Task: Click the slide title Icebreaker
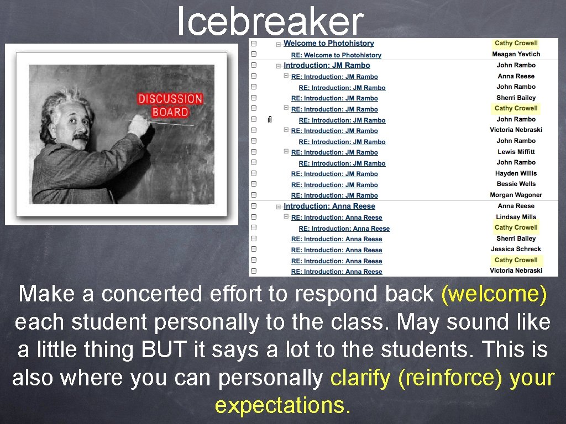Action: [x=270, y=22]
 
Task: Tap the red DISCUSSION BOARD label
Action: [x=170, y=105]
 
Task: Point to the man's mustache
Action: [x=80, y=135]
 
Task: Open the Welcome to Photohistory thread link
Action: [x=328, y=44]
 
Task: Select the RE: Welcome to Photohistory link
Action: [x=336, y=55]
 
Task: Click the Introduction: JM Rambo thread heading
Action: [x=327, y=66]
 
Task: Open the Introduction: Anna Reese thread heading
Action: [x=329, y=206]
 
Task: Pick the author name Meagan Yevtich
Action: [x=516, y=54]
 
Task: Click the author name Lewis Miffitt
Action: [x=516, y=152]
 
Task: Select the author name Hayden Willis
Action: [x=516, y=173]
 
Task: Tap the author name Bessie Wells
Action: [x=516, y=184]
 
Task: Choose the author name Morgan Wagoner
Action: [x=516, y=195]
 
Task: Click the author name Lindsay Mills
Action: [x=516, y=217]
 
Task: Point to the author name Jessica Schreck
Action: [x=516, y=249]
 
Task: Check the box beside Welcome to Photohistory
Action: [x=253, y=44]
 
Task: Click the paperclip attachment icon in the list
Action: [x=269, y=120]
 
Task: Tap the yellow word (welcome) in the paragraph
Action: [x=494, y=294]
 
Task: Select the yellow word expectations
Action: [x=282, y=406]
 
